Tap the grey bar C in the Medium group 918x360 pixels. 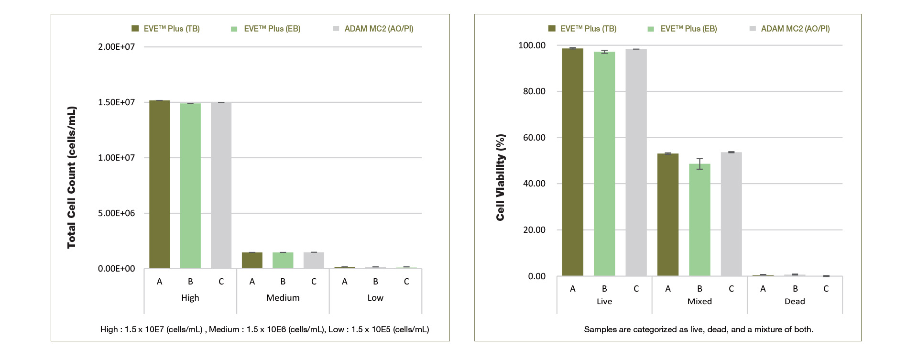click(x=314, y=260)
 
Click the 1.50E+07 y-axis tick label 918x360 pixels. click(x=117, y=102)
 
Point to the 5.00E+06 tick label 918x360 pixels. click(x=117, y=213)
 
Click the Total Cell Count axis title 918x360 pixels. click(x=72, y=177)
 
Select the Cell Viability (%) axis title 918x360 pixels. click(x=501, y=177)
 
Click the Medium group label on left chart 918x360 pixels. click(x=283, y=298)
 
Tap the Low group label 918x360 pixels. click(x=375, y=298)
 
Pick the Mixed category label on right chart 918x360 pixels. click(x=699, y=301)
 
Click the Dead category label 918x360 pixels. click(x=795, y=301)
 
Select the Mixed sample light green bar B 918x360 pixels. click(x=699, y=220)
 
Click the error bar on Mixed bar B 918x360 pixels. click(x=699, y=164)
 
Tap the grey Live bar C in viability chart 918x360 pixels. click(x=636, y=163)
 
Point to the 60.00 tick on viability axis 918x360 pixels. click(x=534, y=138)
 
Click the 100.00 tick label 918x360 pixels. click(x=532, y=45)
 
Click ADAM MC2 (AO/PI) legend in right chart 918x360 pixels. click(x=795, y=29)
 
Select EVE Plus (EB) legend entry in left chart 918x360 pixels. click(x=272, y=29)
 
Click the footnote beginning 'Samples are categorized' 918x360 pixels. click(x=699, y=329)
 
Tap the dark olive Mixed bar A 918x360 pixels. click(x=668, y=215)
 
